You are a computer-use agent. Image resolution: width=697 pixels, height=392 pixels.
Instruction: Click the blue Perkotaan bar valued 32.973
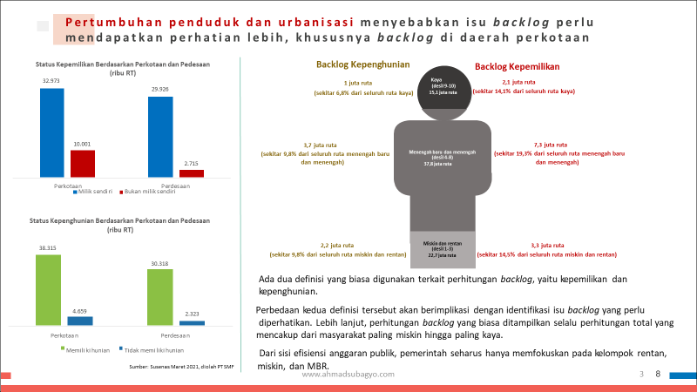tap(52, 133)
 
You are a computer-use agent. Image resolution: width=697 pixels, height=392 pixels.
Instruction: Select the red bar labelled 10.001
tap(83, 164)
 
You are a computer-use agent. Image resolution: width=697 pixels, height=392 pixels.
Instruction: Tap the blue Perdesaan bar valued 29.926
tap(160, 137)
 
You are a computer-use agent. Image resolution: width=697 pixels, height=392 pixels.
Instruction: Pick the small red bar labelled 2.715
tap(192, 173)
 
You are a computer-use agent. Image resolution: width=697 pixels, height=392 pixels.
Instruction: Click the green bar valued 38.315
tap(48, 290)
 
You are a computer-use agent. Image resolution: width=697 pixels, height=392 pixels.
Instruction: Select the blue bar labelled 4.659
tap(80, 321)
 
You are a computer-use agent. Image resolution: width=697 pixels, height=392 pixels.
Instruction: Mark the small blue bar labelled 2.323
tap(193, 323)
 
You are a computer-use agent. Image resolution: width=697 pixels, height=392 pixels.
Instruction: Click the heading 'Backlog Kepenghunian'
tap(351, 64)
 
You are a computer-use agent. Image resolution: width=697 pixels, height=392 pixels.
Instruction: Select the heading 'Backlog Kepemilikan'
tap(517, 66)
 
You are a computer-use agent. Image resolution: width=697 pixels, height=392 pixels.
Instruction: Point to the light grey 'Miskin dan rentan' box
tap(443, 249)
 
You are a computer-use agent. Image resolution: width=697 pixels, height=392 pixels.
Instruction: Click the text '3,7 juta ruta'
tap(320, 145)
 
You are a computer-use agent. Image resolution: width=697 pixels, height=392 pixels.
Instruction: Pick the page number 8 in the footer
tap(658, 374)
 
